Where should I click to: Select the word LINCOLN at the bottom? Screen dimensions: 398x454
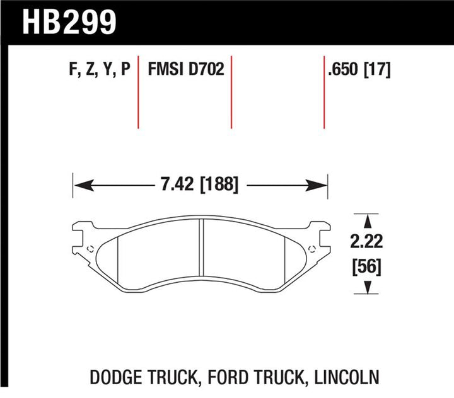point(347,377)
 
